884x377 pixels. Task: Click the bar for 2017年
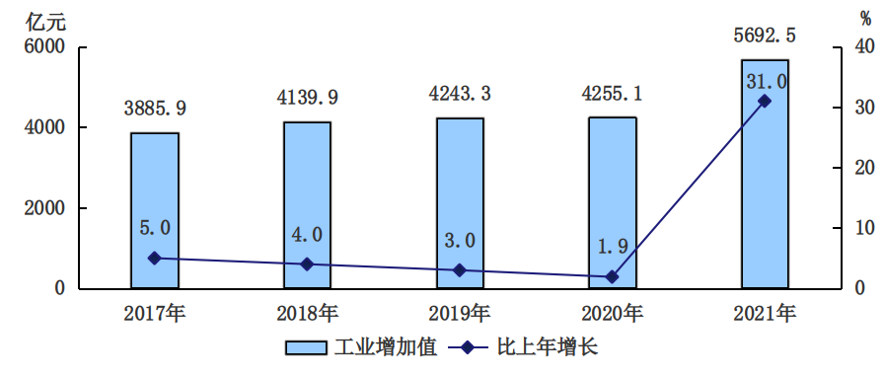(x=154, y=210)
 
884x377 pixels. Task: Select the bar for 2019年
(x=460, y=203)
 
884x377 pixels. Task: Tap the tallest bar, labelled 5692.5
(x=765, y=174)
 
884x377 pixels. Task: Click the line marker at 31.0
(x=765, y=101)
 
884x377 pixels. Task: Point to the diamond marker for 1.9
(x=612, y=277)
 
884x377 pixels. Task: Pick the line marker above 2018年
(x=307, y=264)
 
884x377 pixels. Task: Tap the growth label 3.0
(x=460, y=240)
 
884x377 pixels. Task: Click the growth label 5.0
(x=154, y=228)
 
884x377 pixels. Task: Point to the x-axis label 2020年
(x=612, y=314)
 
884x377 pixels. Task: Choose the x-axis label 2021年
(x=765, y=314)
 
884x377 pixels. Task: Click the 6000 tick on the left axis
(x=44, y=47)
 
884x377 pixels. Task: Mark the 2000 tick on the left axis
(x=44, y=208)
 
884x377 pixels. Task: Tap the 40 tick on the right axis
(x=864, y=47)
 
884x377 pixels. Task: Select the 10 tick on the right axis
(x=864, y=228)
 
